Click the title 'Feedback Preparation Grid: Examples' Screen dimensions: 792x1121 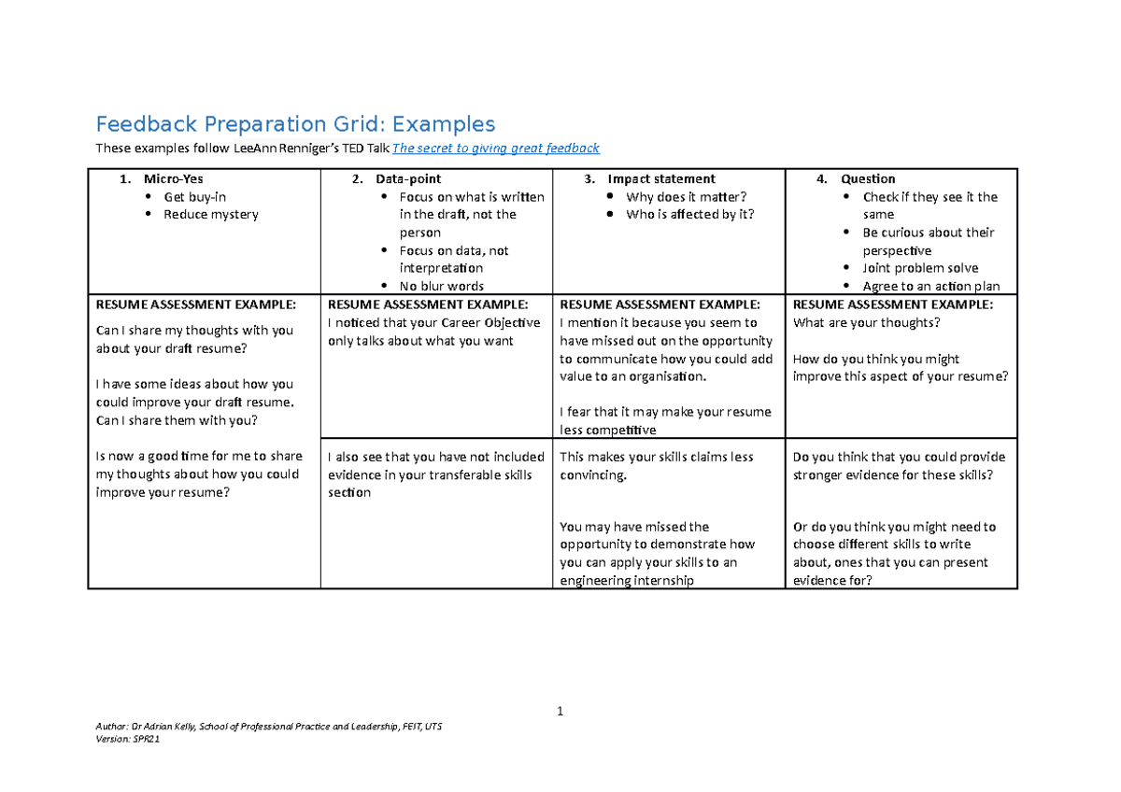295,124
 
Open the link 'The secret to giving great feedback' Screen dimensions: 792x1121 495,148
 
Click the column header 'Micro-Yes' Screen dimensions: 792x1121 173,179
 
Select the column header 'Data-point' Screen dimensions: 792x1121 408,179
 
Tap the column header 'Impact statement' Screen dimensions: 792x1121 661,179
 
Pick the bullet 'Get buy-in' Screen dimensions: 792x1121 194,197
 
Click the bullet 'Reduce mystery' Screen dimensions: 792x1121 211,215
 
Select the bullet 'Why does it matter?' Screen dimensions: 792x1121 687,197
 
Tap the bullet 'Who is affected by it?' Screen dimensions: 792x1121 689,215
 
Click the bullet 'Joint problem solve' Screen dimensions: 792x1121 920,269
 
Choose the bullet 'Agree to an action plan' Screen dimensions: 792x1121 931,287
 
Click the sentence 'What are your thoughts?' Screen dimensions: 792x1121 866,323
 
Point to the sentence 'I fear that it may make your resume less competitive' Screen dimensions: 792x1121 665,421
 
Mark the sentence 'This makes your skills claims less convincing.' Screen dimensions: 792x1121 656,466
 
